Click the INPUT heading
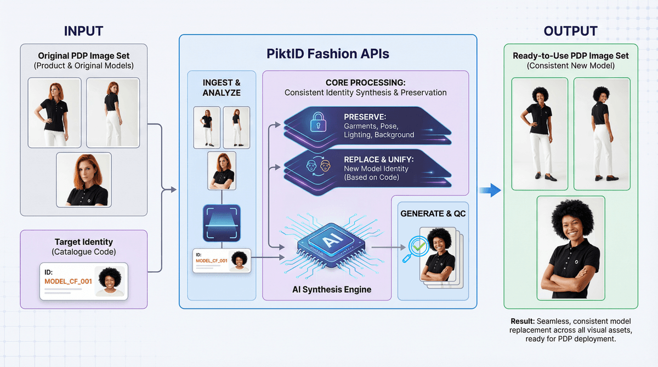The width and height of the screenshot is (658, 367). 83,31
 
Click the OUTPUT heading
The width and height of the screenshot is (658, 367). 570,31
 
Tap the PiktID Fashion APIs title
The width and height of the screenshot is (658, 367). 328,54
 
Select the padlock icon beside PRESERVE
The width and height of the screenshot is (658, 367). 319,123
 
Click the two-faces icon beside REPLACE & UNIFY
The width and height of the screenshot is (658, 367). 319,164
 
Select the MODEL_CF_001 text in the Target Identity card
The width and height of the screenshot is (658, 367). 68,281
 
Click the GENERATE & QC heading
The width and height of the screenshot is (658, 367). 433,213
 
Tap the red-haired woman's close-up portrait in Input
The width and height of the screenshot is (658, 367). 84,179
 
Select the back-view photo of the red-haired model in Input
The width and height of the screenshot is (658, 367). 113,112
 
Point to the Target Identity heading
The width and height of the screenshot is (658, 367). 83,242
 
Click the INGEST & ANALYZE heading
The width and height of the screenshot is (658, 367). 222,88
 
